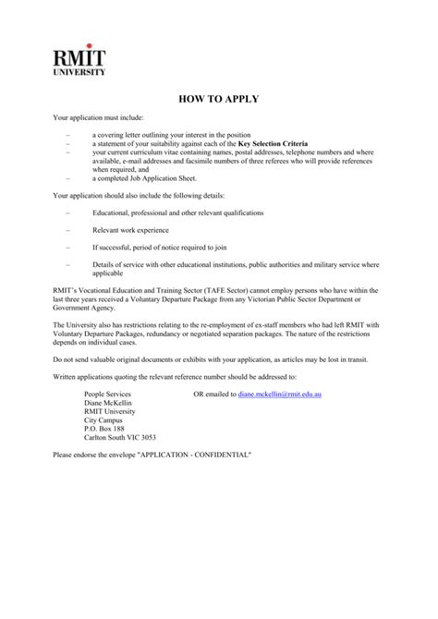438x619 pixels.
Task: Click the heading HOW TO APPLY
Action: click(x=219, y=99)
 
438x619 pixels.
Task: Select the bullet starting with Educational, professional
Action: click(x=177, y=212)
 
